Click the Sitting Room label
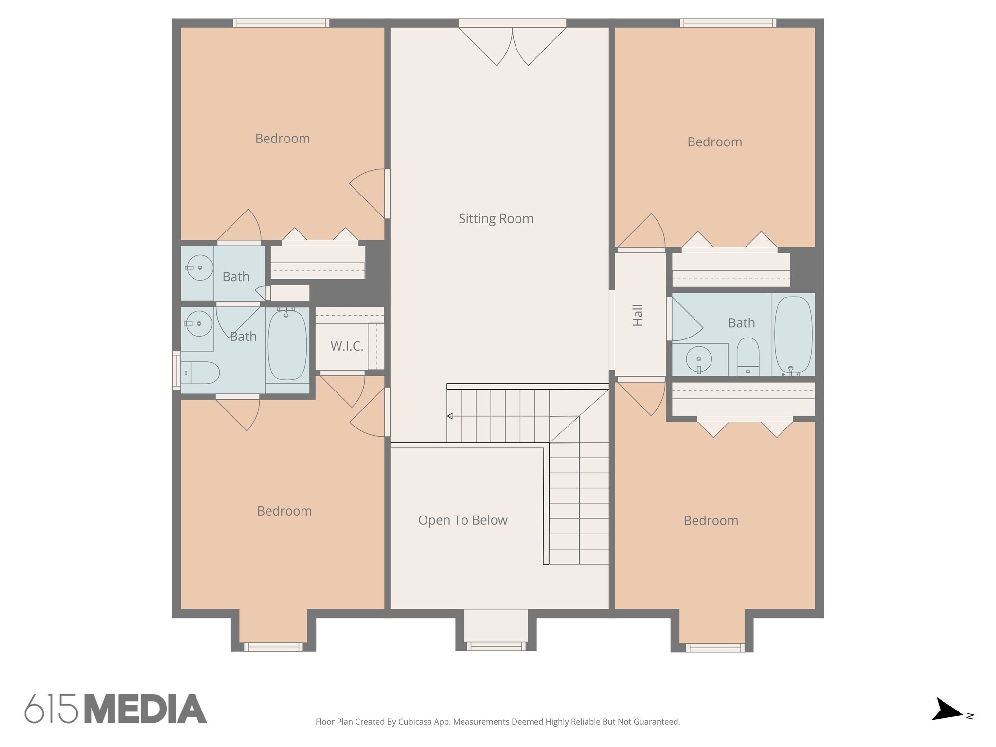pyautogui.click(x=496, y=219)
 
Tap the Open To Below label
pyautogui.click(x=462, y=520)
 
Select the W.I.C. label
pyautogui.click(x=347, y=346)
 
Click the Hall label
pyautogui.click(x=638, y=315)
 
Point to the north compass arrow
pyautogui.click(x=946, y=711)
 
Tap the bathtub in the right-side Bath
pyautogui.click(x=793, y=335)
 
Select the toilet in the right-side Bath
pyautogui.click(x=747, y=356)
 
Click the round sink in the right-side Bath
pyautogui.click(x=699, y=359)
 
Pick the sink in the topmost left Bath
pyautogui.click(x=199, y=267)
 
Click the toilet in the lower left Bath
pyautogui.click(x=200, y=373)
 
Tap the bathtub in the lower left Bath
pyautogui.click(x=287, y=345)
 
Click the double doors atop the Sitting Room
pyautogui.click(x=512, y=44)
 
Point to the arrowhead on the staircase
pyautogui.click(x=450, y=416)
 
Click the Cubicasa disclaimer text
pyautogui.click(x=498, y=722)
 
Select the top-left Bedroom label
pyautogui.click(x=282, y=139)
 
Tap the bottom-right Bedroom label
pyautogui.click(x=711, y=521)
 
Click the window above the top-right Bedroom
pyautogui.click(x=728, y=23)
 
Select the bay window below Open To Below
pyautogui.click(x=496, y=646)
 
